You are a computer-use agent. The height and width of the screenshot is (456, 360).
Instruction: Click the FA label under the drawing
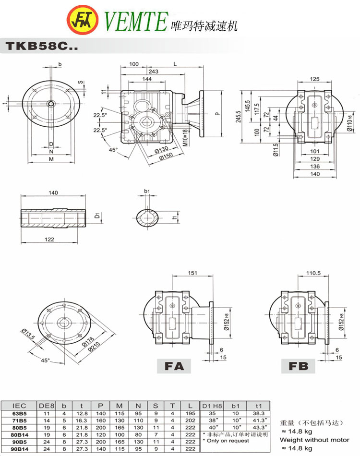[x=174, y=366]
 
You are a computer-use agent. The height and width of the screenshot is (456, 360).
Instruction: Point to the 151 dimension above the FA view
[x=192, y=273]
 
